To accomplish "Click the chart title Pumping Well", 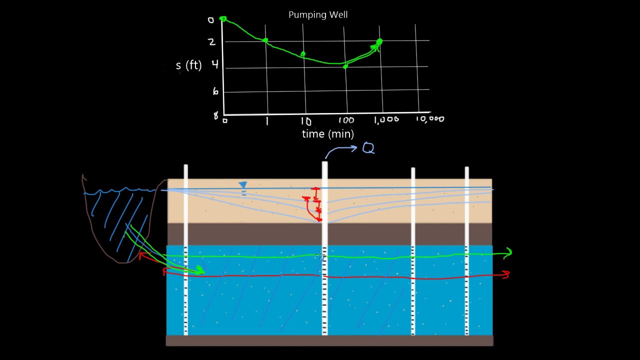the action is tap(318, 15).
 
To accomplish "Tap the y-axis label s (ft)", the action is tap(189, 65).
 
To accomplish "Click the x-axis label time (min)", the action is tap(328, 133).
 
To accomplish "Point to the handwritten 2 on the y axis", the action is tap(211, 42).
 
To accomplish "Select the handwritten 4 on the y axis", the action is tap(215, 64).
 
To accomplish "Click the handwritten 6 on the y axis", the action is tap(215, 91).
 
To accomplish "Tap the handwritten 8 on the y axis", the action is tap(215, 115).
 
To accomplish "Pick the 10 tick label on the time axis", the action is tap(305, 121).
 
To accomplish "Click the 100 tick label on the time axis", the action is tap(346, 120).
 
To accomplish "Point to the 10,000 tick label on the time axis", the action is tap(430, 119).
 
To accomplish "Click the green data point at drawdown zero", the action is tap(223, 19).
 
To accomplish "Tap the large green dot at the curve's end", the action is tap(379, 42).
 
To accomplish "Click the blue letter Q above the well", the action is tap(368, 148).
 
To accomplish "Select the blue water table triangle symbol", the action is tap(243, 185).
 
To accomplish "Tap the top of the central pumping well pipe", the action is tap(325, 162).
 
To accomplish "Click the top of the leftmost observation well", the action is tap(185, 165).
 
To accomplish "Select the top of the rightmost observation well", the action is tap(466, 168).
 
